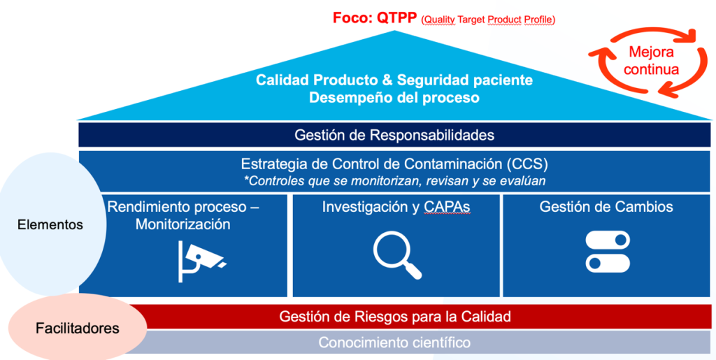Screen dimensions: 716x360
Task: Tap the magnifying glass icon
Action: (x=397, y=254)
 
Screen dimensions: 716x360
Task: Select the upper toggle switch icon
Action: (x=608, y=240)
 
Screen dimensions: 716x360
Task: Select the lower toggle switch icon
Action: (x=608, y=264)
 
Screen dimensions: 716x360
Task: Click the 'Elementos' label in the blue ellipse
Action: (x=50, y=224)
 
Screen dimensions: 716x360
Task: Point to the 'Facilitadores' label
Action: (x=78, y=328)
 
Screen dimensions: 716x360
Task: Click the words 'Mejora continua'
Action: (x=651, y=60)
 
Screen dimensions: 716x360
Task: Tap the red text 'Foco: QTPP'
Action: (x=375, y=18)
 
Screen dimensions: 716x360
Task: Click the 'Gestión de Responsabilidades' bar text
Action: (x=394, y=135)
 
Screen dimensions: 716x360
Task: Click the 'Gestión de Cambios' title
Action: (x=606, y=207)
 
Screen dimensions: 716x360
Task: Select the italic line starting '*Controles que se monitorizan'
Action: (x=395, y=180)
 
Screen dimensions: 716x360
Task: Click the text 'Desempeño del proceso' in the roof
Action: (x=394, y=98)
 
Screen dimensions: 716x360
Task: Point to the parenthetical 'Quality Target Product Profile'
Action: (x=488, y=20)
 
